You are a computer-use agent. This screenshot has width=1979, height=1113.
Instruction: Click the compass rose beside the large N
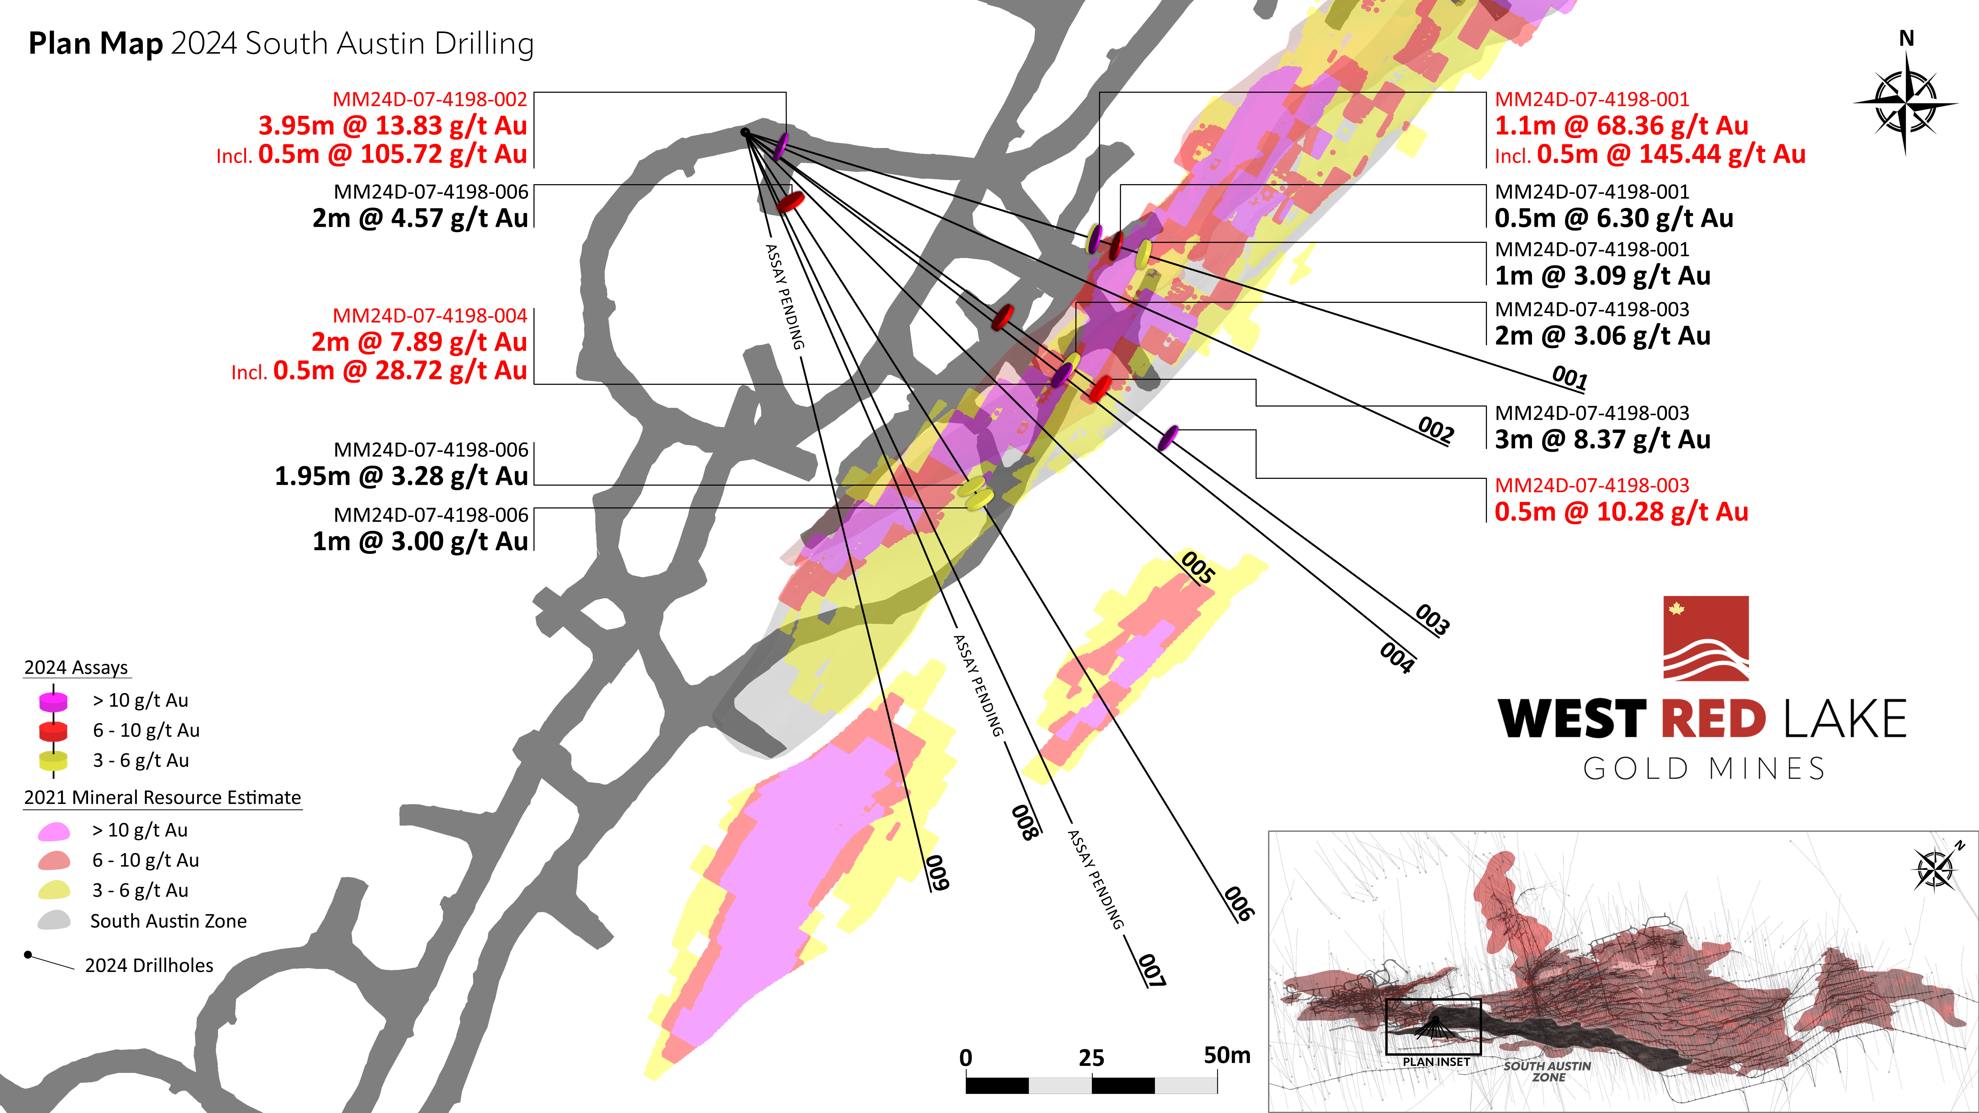click(x=1905, y=104)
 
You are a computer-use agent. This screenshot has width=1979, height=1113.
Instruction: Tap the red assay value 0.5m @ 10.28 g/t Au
click(x=1621, y=512)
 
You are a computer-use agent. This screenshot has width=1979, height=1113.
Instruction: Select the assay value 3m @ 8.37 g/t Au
click(x=1602, y=439)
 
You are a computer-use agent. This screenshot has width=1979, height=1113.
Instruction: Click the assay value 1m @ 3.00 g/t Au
click(x=420, y=541)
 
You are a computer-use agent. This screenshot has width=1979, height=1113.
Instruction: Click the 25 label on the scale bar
click(x=1091, y=1059)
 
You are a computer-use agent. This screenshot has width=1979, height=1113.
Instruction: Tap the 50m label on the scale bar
click(x=1227, y=1055)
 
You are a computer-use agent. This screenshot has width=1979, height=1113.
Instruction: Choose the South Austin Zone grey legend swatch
click(x=54, y=920)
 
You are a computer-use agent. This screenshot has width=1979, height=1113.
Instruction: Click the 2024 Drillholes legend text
click(x=149, y=966)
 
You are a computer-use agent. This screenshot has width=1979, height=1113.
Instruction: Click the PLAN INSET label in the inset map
click(x=1436, y=1062)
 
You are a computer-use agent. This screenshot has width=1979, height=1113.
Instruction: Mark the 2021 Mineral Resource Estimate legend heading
click(x=162, y=797)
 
